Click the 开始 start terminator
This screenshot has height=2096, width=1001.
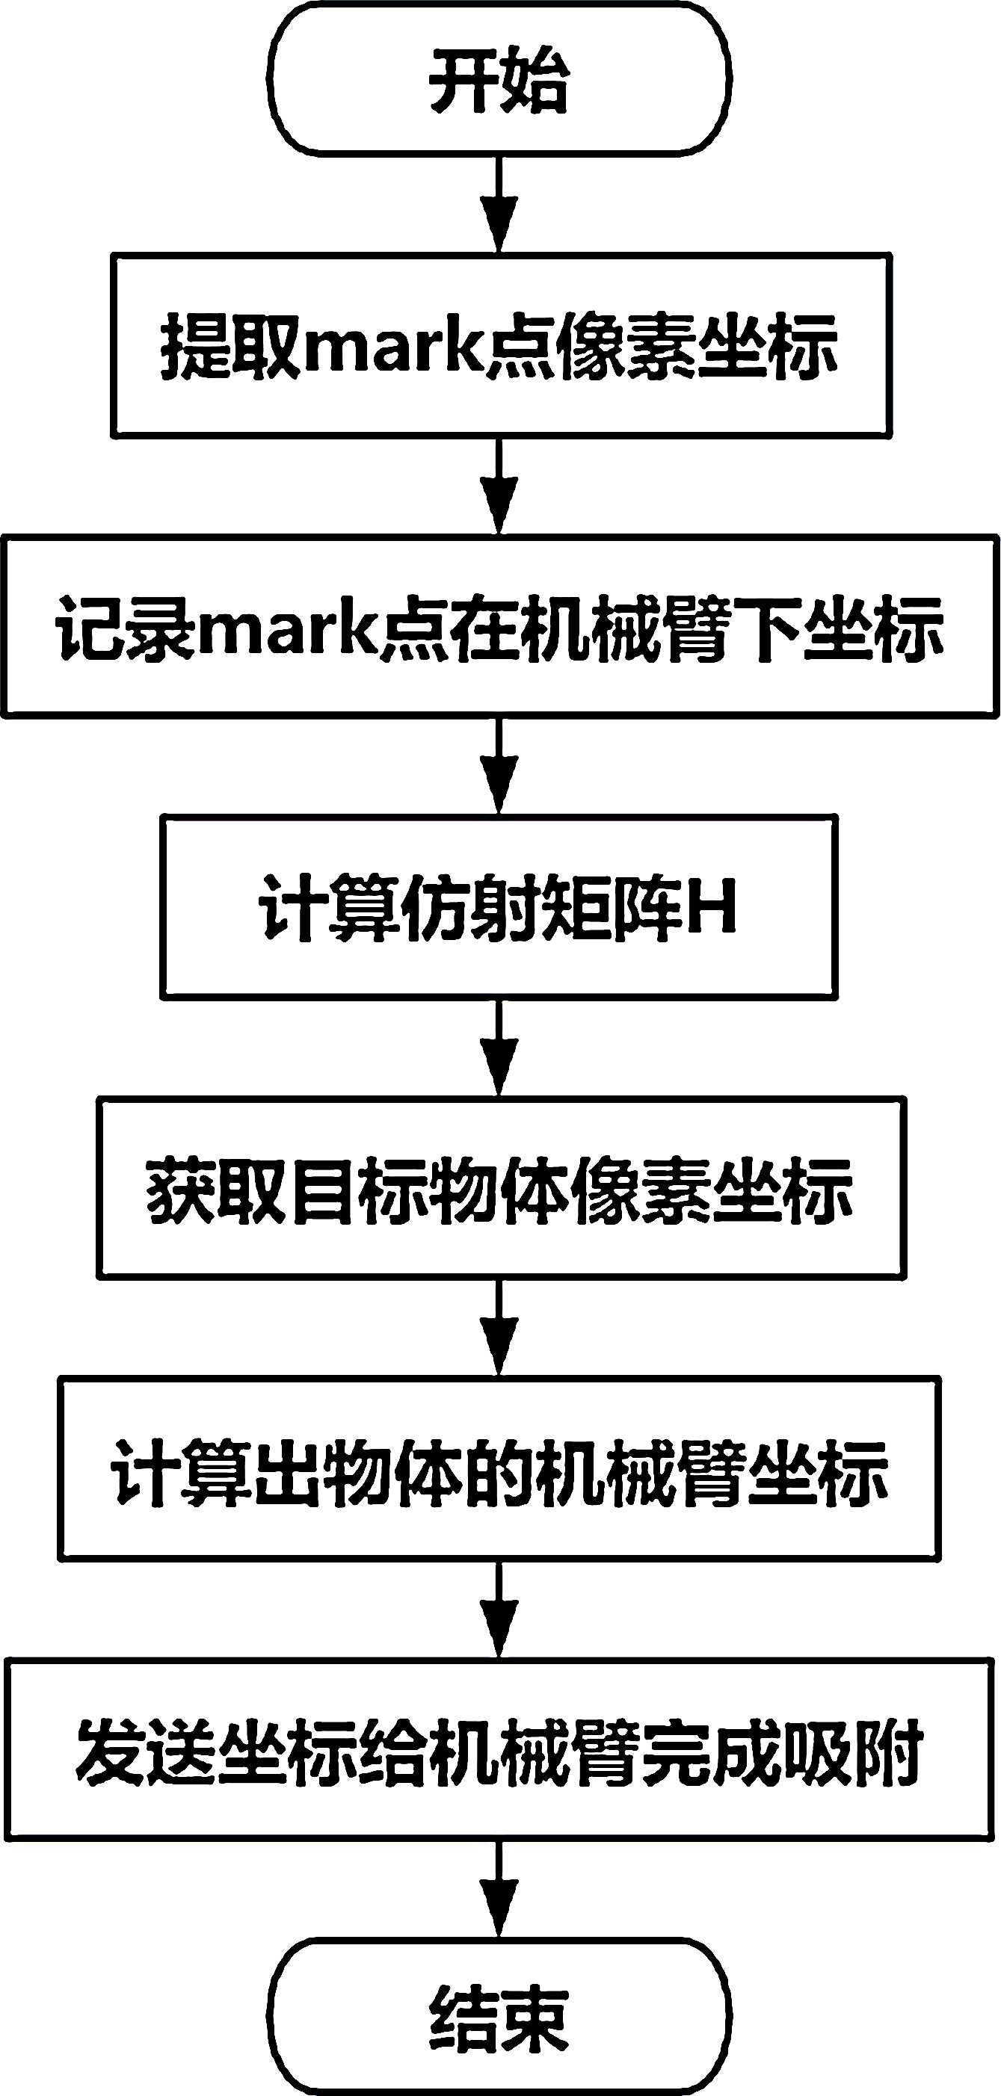499,79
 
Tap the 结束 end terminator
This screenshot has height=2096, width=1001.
499,2016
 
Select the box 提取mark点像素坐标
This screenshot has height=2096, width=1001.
501,347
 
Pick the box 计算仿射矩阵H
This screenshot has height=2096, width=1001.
499,907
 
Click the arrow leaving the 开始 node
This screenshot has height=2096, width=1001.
499,203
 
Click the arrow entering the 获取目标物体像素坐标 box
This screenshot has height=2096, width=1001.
499,1048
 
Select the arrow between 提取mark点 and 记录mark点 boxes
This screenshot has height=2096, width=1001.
499,486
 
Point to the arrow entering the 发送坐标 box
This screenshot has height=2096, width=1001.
499,1610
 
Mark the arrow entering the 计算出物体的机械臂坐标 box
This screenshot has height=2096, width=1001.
499,1329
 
